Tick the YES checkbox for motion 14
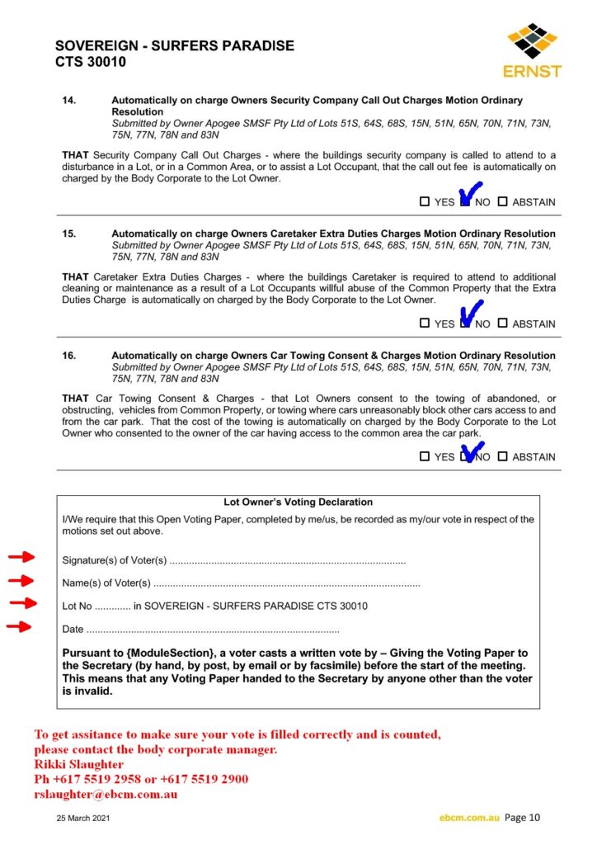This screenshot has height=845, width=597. (425, 201)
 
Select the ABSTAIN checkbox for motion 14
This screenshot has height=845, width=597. (502, 201)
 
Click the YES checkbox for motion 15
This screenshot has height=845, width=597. (425, 323)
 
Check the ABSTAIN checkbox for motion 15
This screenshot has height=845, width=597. (502, 323)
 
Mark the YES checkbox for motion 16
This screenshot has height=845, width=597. (425, 456)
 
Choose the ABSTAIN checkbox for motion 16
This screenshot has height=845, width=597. (502, 456)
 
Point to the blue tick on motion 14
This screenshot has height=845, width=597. (471, 194)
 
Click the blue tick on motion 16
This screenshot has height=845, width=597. (472, 451)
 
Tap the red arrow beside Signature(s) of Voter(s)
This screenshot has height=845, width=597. (22, 558)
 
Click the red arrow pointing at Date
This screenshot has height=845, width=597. (22, 627)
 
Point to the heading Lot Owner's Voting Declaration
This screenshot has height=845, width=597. (298, 502)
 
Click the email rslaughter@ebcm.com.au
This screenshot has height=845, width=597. (106, 795)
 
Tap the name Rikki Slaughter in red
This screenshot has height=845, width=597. (79, 764)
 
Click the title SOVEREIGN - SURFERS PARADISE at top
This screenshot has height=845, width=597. (174, 46)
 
